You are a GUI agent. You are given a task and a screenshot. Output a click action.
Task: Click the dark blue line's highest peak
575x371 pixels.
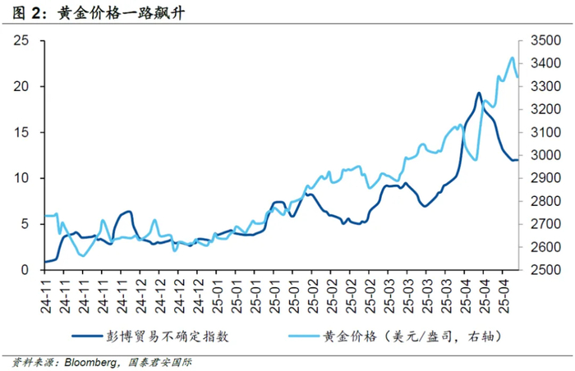(478, 93)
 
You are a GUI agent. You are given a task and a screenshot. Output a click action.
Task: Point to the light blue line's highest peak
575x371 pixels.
(512, 57)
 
